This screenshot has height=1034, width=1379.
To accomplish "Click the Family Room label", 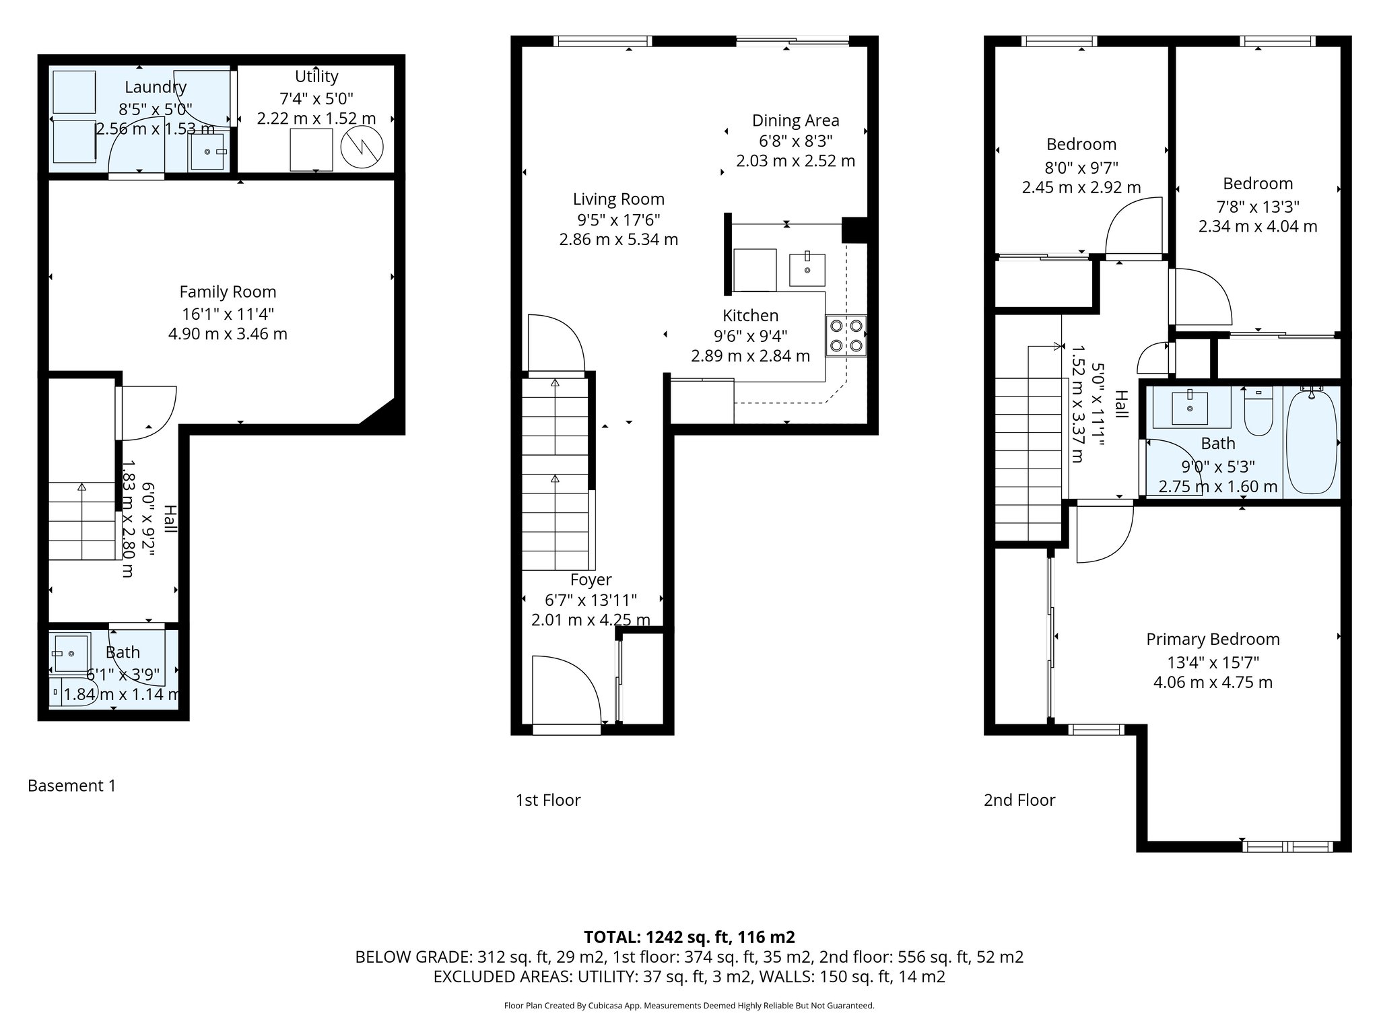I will click(x=228, y=292).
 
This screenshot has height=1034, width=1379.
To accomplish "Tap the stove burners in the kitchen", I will click(x=846, y=336).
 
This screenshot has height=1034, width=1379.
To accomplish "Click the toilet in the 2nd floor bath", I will click(x=1258, y=413).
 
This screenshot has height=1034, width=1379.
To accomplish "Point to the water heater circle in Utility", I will click(x=362, y=147).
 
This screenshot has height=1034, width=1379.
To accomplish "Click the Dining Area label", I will click(x=795, y=121).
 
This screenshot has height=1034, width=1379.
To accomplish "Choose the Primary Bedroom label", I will click(x=1213, y=640).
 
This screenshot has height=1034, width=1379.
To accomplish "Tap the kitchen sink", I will click(x=807, y=269).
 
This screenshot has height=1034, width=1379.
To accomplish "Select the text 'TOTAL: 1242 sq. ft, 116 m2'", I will click(x=689, y=937).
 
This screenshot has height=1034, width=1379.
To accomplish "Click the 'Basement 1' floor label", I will click(x=72, y=786).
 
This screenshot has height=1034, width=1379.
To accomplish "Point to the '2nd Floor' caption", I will click(x=1019, y=800).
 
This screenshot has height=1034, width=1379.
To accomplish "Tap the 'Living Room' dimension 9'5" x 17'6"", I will click(x=618, y=219).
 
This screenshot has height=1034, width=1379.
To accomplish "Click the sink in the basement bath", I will click(x=71, y=654).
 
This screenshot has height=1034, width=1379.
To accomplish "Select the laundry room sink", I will click(x=208, y=152).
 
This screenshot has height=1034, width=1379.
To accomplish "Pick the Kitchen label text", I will click(x=750, y=316).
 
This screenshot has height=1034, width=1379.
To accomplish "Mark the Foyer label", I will click(x=591, y=580).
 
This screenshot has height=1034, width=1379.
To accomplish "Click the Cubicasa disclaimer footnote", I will click(x=689, y=1006).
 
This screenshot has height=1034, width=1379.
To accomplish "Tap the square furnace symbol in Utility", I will click(x=311, y=149).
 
